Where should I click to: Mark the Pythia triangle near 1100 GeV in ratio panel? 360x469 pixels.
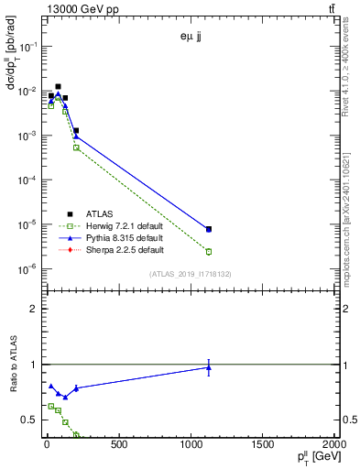pos(209,367)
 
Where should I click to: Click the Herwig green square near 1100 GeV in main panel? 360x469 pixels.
pos(209,251)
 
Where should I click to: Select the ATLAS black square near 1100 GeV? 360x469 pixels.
pos(209,229)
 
